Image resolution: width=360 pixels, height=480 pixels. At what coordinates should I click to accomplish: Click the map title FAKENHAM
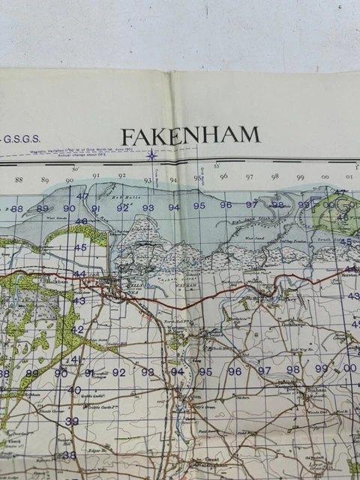(x=190, y=136)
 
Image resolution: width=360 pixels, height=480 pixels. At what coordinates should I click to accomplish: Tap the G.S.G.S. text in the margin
(x=22, y=139)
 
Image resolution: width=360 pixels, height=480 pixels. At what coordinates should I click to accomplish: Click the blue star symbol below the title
(x=152, y=155)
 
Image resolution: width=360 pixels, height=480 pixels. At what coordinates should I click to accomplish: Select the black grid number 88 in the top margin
(x=19, y=180)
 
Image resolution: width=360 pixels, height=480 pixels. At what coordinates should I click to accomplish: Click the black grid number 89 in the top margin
(x=44, y=180)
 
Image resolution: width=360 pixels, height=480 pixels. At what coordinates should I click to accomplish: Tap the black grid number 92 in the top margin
(x=121, y=178)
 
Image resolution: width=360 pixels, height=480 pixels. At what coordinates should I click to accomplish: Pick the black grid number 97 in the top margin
(x=250, y=177)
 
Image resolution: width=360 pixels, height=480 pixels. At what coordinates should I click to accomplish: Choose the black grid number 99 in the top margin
(x=300, y=177)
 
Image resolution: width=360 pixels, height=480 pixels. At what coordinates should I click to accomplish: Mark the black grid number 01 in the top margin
(x=349, y=177)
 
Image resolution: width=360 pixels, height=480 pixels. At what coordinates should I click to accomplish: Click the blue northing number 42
(x=78, y=329)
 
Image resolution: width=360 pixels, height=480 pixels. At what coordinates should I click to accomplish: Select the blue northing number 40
(x=73, y=390)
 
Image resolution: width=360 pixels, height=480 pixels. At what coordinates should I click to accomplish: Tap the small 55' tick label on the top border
(x=216, y=166)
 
